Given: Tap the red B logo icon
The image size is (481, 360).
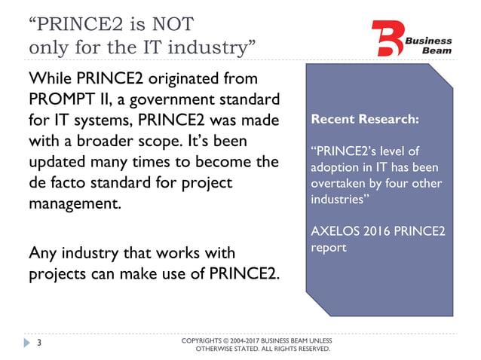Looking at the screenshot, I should (x=388, y=37).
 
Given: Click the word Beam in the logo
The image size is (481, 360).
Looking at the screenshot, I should (x=437, y=50).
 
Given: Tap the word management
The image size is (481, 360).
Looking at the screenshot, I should (x=73, y=203).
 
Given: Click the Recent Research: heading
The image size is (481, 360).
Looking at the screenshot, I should (x=365, y=119).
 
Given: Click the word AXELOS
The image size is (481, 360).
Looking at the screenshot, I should (x=334, y=230).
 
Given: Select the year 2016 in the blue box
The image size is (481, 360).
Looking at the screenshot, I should (x=376, y=230).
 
